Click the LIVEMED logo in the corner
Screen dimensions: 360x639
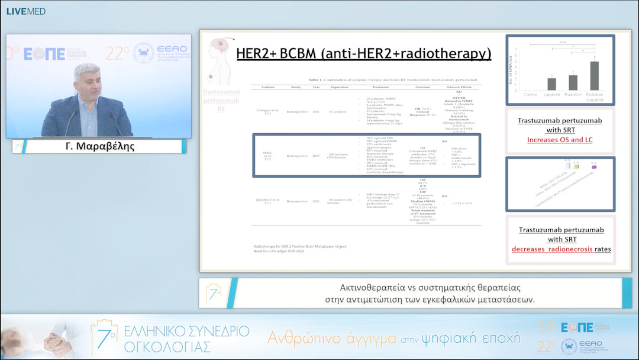(25, 11)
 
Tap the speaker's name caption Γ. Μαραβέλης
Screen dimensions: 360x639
(100, 146)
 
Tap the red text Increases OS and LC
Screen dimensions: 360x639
(560, 140)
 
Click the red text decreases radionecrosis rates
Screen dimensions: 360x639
(561, 249)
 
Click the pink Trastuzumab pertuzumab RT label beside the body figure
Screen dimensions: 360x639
(221, 100)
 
